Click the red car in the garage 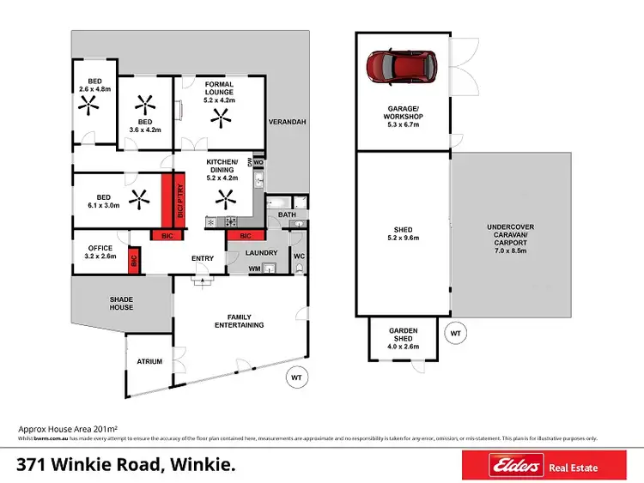coord(402,65)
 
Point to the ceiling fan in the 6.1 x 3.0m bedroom coord(138,199)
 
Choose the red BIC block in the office coord(134,260)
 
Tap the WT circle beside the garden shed coord(455,332)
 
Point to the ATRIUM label coord(149,362)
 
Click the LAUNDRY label coord(261,252)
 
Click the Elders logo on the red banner coord(518,467)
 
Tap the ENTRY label coord(203,258)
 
